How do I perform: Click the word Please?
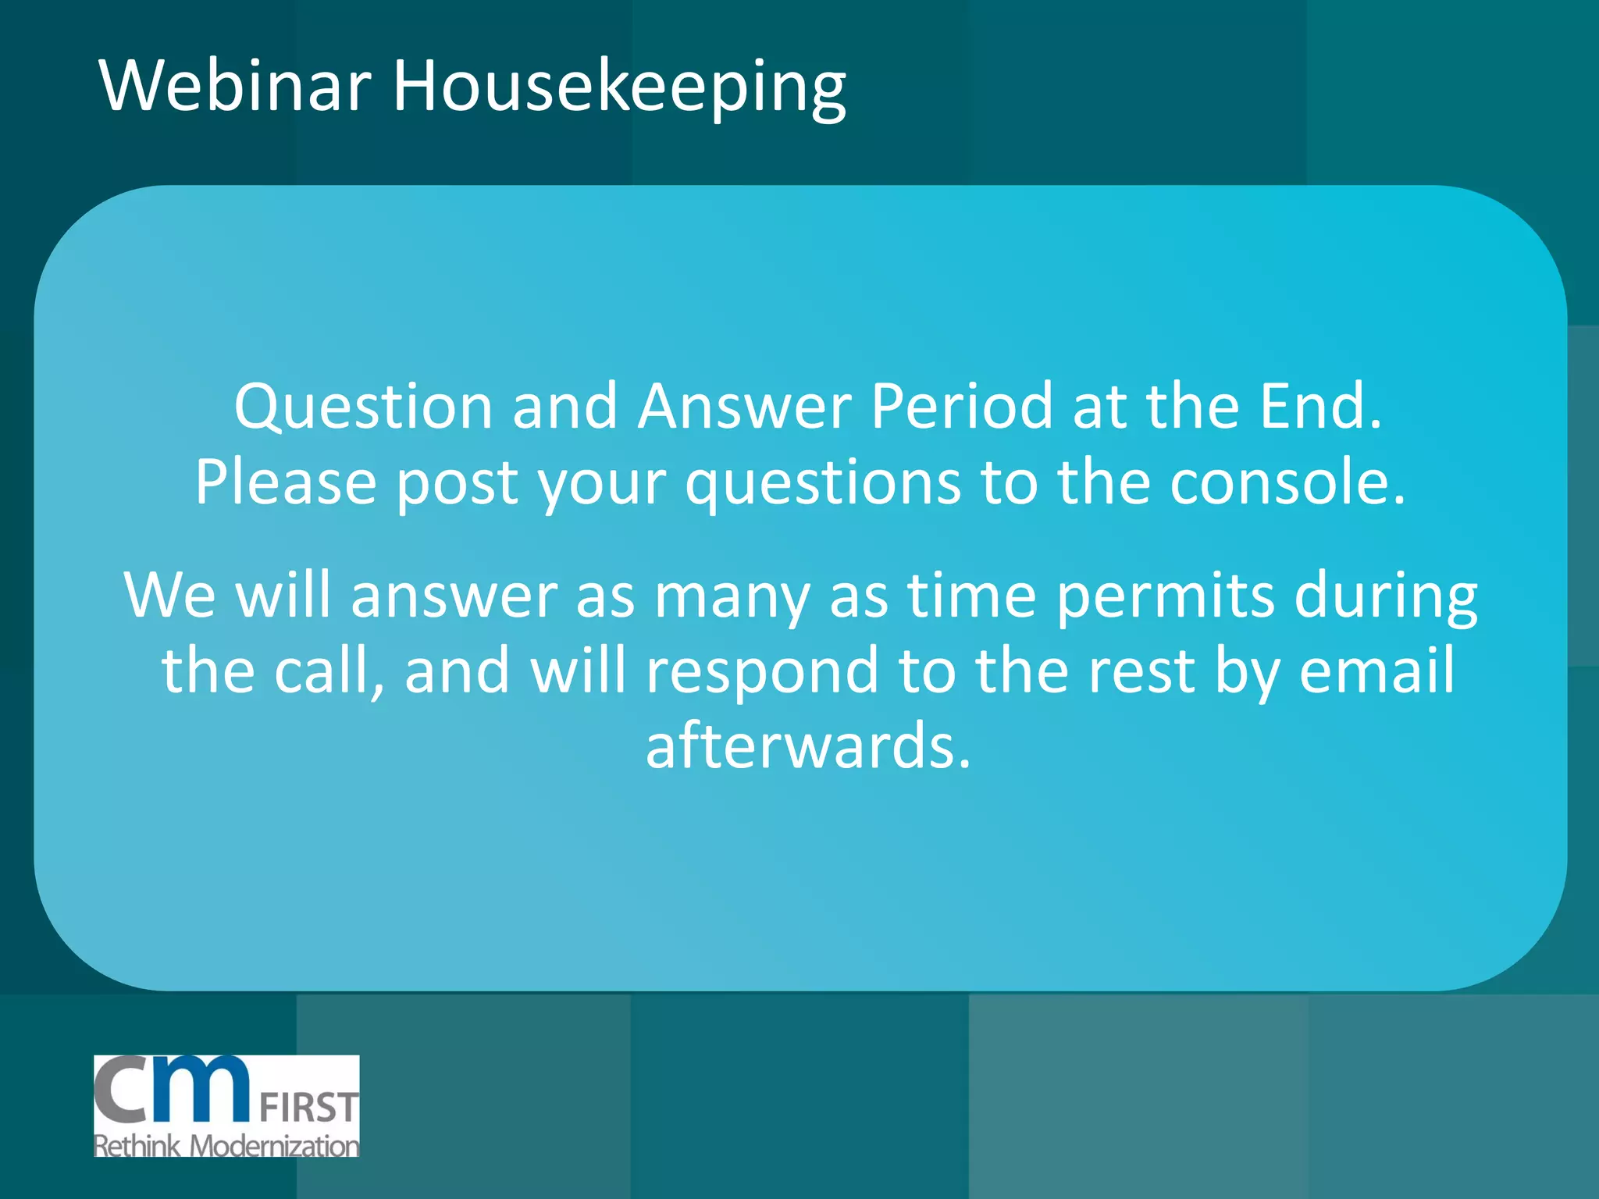[286, 482]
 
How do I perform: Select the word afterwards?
[808, 746]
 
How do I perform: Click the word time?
[971, 595]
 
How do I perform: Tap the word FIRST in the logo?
[308, 1108]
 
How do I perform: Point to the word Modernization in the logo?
[275, 1146]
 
